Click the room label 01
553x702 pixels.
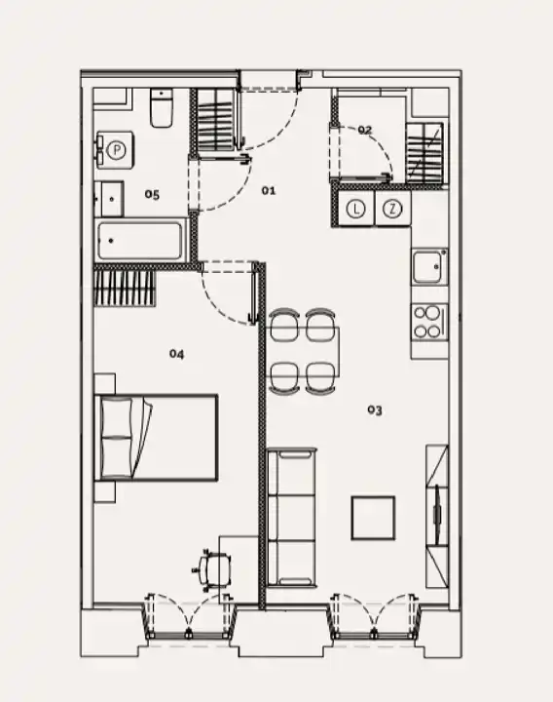tap(269, 191)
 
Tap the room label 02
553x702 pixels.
tap(365, 130)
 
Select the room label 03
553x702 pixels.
tap(375, 409)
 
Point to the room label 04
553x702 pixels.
tap(176, 354)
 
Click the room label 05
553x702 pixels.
tap(152, 194)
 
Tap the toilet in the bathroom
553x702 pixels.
tap(162, 108)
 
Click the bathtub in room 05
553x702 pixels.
tap(140, 241)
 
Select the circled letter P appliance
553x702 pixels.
tap(115, 149)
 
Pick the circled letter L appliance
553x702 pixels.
tap(356, 209)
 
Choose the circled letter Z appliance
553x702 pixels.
tap(392, 209)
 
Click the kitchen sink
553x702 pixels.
tap(429, 267)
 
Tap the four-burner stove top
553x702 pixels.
tap(429, 321)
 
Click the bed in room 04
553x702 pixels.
tap(157, 438)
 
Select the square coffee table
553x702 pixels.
tap(373, 518)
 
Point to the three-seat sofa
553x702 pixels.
tap(291, 518)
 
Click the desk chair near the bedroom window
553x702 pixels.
tap(213, 569)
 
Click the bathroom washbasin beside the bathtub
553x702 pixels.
tap(109, 199)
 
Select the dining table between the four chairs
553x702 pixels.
tap(303, 351)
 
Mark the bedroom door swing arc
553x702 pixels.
tap(219, 308)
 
